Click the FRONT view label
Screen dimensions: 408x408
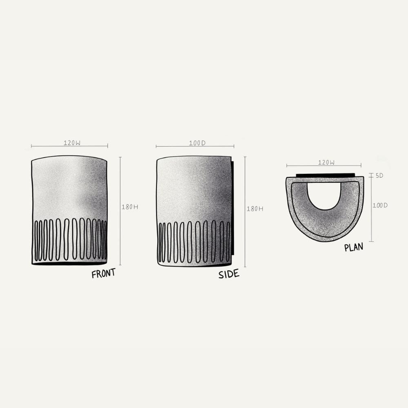(103, 273)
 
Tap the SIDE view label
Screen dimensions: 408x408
(228, 274)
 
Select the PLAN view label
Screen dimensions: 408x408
(353, 247)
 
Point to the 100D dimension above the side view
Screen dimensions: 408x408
(197, 143)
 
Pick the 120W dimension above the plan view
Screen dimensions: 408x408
(326, 162)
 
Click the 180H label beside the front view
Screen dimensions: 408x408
(130, 207)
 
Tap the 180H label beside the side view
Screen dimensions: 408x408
(255, 208)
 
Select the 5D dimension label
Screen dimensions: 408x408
(379, 175)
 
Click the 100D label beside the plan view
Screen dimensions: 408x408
(379, 205)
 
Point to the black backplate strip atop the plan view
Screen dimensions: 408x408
(325, 175)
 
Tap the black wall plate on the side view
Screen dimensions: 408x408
(233, 208)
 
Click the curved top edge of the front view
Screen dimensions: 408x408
(69, 156)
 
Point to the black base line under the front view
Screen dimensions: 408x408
(69, 264)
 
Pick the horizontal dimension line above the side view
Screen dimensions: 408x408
(171, 146)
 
